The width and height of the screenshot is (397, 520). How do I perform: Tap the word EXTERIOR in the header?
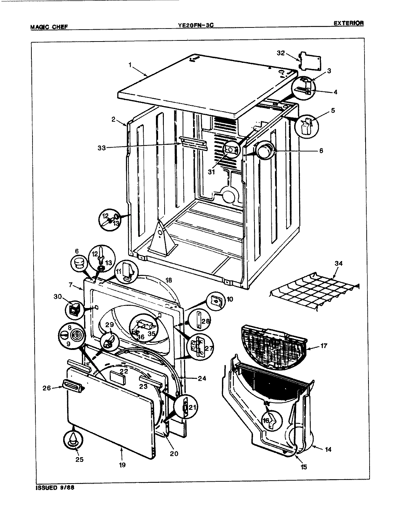[x=348, y=23]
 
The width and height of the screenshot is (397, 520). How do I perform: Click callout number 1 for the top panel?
[x=129, y=65]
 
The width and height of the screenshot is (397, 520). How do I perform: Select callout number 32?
[x=281, y=53]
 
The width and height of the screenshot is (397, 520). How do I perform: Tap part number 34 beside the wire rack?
[x=338, y=264]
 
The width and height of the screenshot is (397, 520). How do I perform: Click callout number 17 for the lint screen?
[x=323, y=346]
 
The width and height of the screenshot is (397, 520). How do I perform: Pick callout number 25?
[x=79, y=459]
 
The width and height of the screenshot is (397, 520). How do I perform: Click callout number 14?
[x=328, y=450]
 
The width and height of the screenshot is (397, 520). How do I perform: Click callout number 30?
[x=57, y=296]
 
